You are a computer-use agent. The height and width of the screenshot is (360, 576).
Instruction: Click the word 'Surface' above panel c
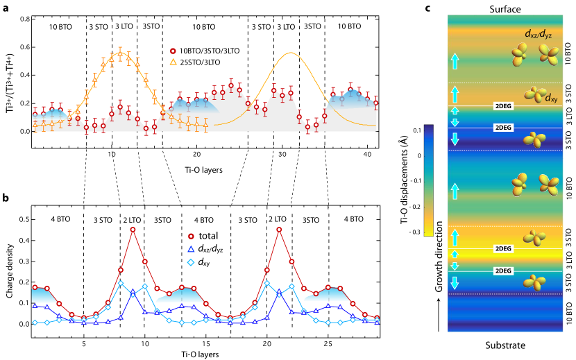(505, 8)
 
